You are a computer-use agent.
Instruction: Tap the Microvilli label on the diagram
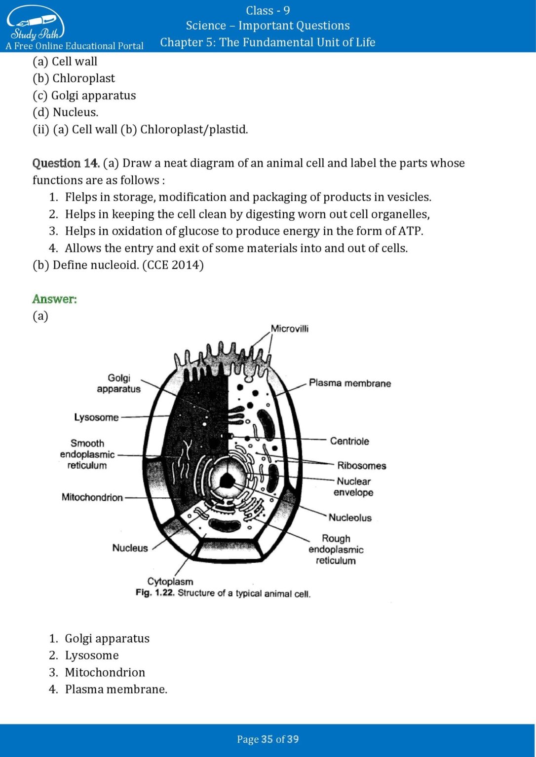coord(289,329)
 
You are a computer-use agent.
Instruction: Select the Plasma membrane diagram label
coord(349,383)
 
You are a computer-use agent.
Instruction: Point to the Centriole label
coord(349,441)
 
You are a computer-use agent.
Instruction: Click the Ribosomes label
coord(361,465)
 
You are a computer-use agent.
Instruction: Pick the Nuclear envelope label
coord(353,486)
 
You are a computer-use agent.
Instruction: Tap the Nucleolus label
coord(350,517)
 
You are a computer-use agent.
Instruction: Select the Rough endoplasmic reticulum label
coord(336,549)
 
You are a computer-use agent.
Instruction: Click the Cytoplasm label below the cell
coord(170,581)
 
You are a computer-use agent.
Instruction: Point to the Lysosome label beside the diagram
coord(96,417)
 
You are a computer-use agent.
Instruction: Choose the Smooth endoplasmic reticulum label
coord(87,454)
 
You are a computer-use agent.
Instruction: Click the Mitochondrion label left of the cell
coord(92,497)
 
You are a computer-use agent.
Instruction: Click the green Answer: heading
coord(54,299)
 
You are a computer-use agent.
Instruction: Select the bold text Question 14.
coord(66,163)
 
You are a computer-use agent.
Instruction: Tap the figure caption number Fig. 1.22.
coord(154,593)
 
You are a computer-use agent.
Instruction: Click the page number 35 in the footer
coord(267,739)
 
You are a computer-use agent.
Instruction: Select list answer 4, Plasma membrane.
coord(115,689)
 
